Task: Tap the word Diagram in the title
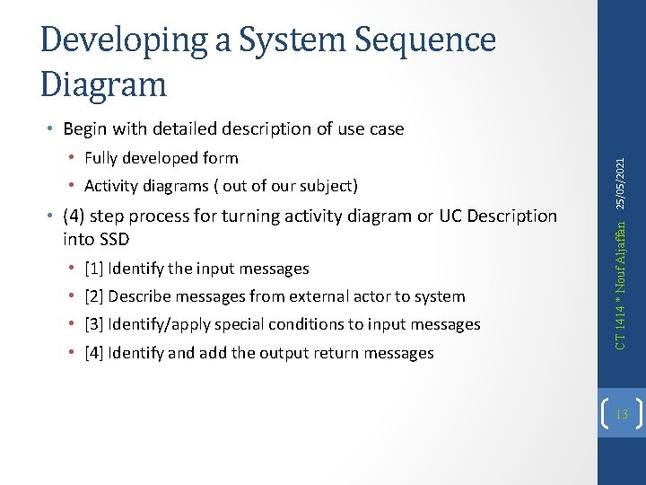(104, 84)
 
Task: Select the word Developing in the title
(113, 40)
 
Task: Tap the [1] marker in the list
(93, 269)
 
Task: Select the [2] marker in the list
(93, 296)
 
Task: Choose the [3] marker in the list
(93, 324)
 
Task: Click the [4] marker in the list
(93, 353)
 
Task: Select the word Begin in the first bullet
(85, 129)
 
